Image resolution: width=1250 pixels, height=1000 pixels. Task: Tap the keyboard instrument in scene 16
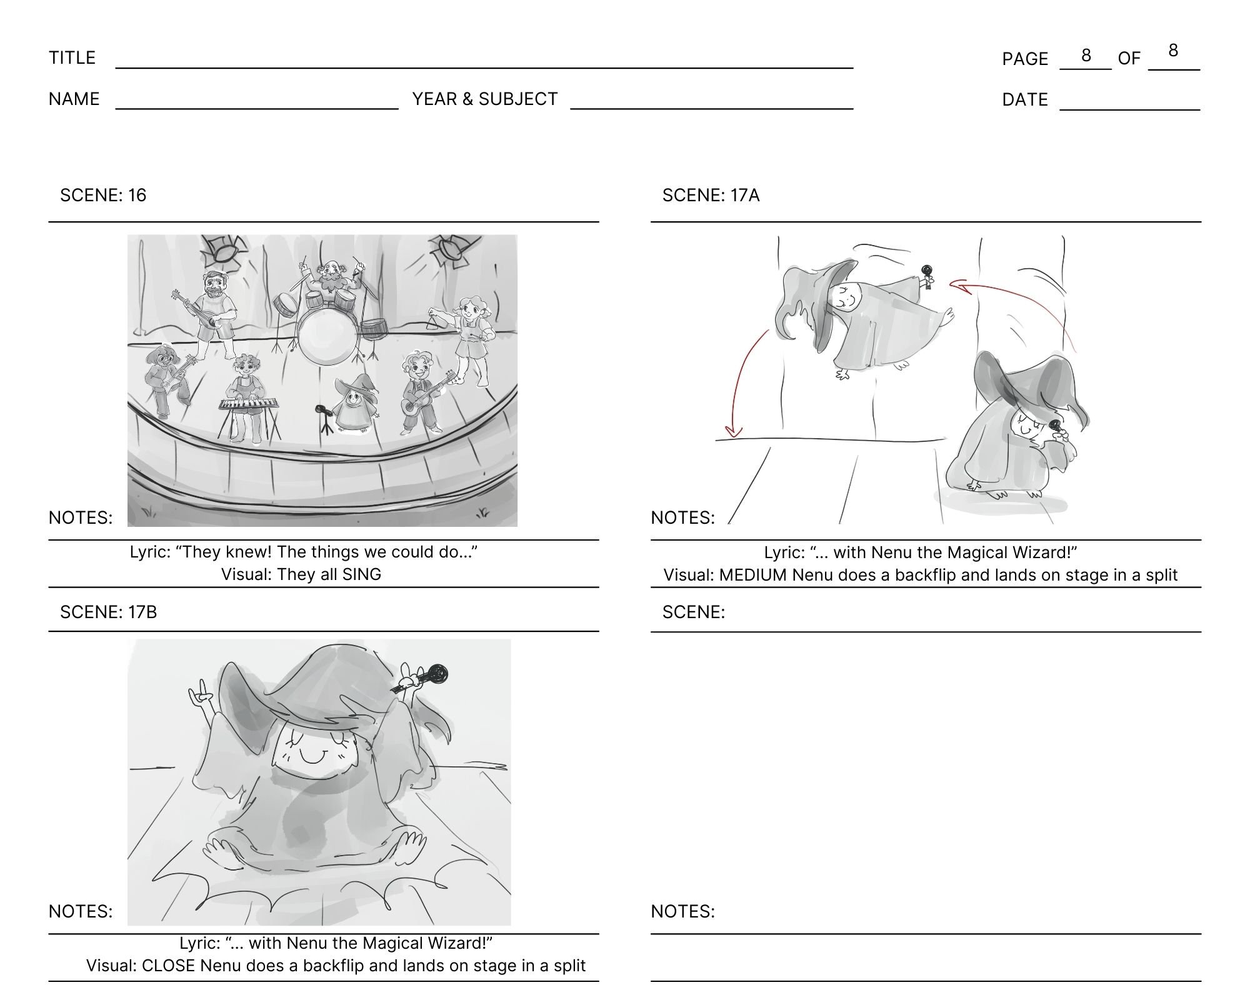tap(248, 404)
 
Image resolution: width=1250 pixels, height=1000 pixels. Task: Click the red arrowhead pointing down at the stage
tap(732, 431)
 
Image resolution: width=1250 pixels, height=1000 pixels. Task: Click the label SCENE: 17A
tap(711, 195)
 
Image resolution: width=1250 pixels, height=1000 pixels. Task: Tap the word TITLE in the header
tap(72, 57)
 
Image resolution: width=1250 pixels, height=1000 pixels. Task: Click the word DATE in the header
tap(1025, 99)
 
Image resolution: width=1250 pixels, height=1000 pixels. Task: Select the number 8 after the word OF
tap(1173, 51)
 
